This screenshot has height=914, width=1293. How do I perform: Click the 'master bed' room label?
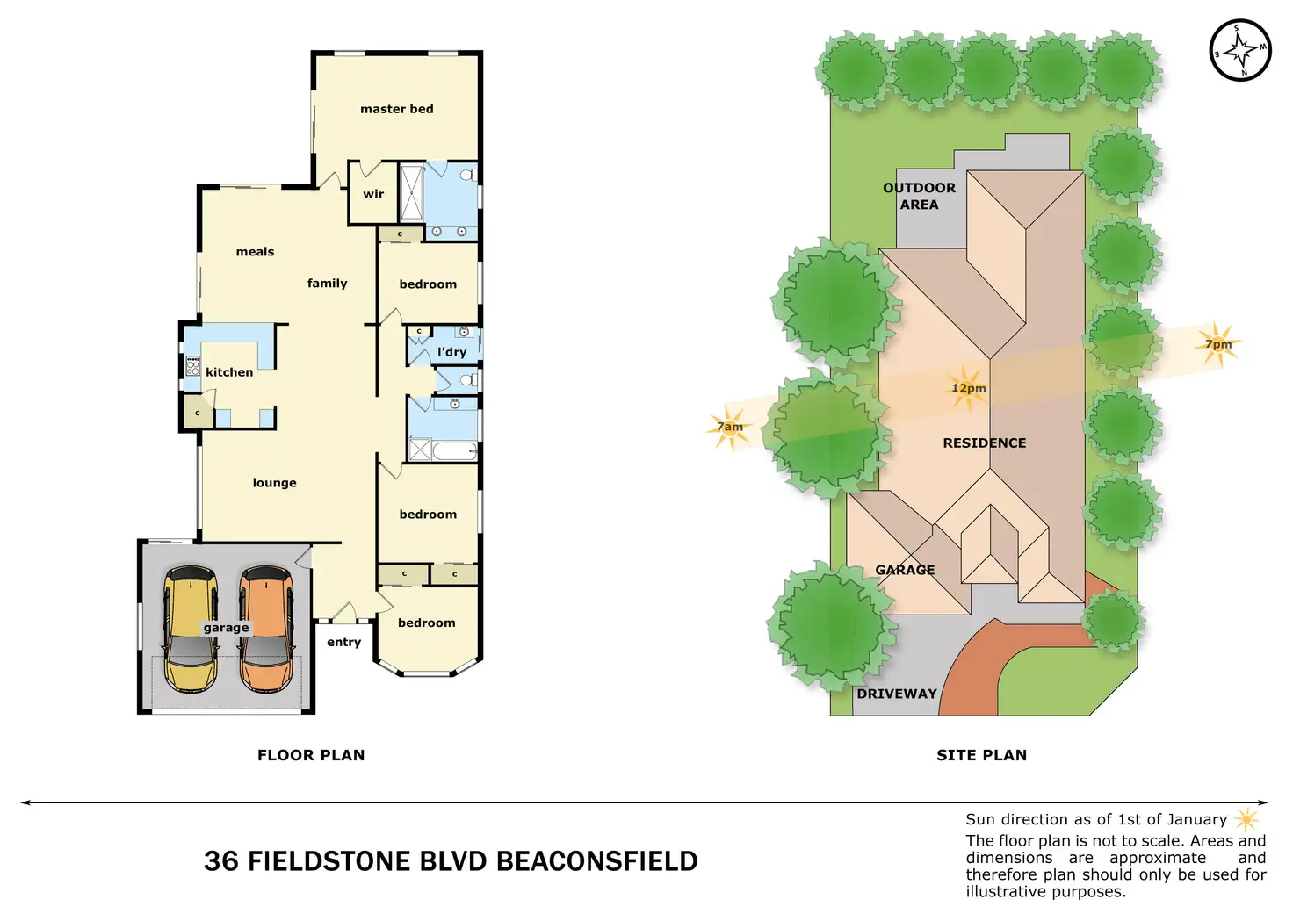click(397, 109)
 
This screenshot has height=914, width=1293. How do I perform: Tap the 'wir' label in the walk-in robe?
click(373, 194)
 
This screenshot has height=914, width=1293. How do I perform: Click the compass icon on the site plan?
click(1240, 50)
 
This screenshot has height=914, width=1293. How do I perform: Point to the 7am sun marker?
click(729, 427)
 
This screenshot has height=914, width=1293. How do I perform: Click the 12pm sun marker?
click(968, 388)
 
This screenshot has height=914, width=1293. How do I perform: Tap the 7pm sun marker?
click(1218, 344)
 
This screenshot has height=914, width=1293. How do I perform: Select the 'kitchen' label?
click(229, 372)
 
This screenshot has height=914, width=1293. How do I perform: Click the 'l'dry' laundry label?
click(451, 352)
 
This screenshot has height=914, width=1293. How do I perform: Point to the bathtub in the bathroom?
click(455, 451)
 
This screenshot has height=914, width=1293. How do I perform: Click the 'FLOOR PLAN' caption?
click(311, 755)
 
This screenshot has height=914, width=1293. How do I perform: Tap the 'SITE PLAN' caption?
click(981, 755)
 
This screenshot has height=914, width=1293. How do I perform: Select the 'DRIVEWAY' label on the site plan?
click(897, 694)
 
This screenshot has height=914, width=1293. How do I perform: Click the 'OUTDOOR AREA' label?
click(919, 196)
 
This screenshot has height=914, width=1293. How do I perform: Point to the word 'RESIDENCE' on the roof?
click(984, 443)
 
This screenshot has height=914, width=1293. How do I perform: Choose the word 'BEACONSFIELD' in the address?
click(597, 861)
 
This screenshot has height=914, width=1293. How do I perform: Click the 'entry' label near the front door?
click(343, 642)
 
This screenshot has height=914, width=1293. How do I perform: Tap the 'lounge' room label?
click(274, 483)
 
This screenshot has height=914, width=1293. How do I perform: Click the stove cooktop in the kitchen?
click(192, 365)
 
